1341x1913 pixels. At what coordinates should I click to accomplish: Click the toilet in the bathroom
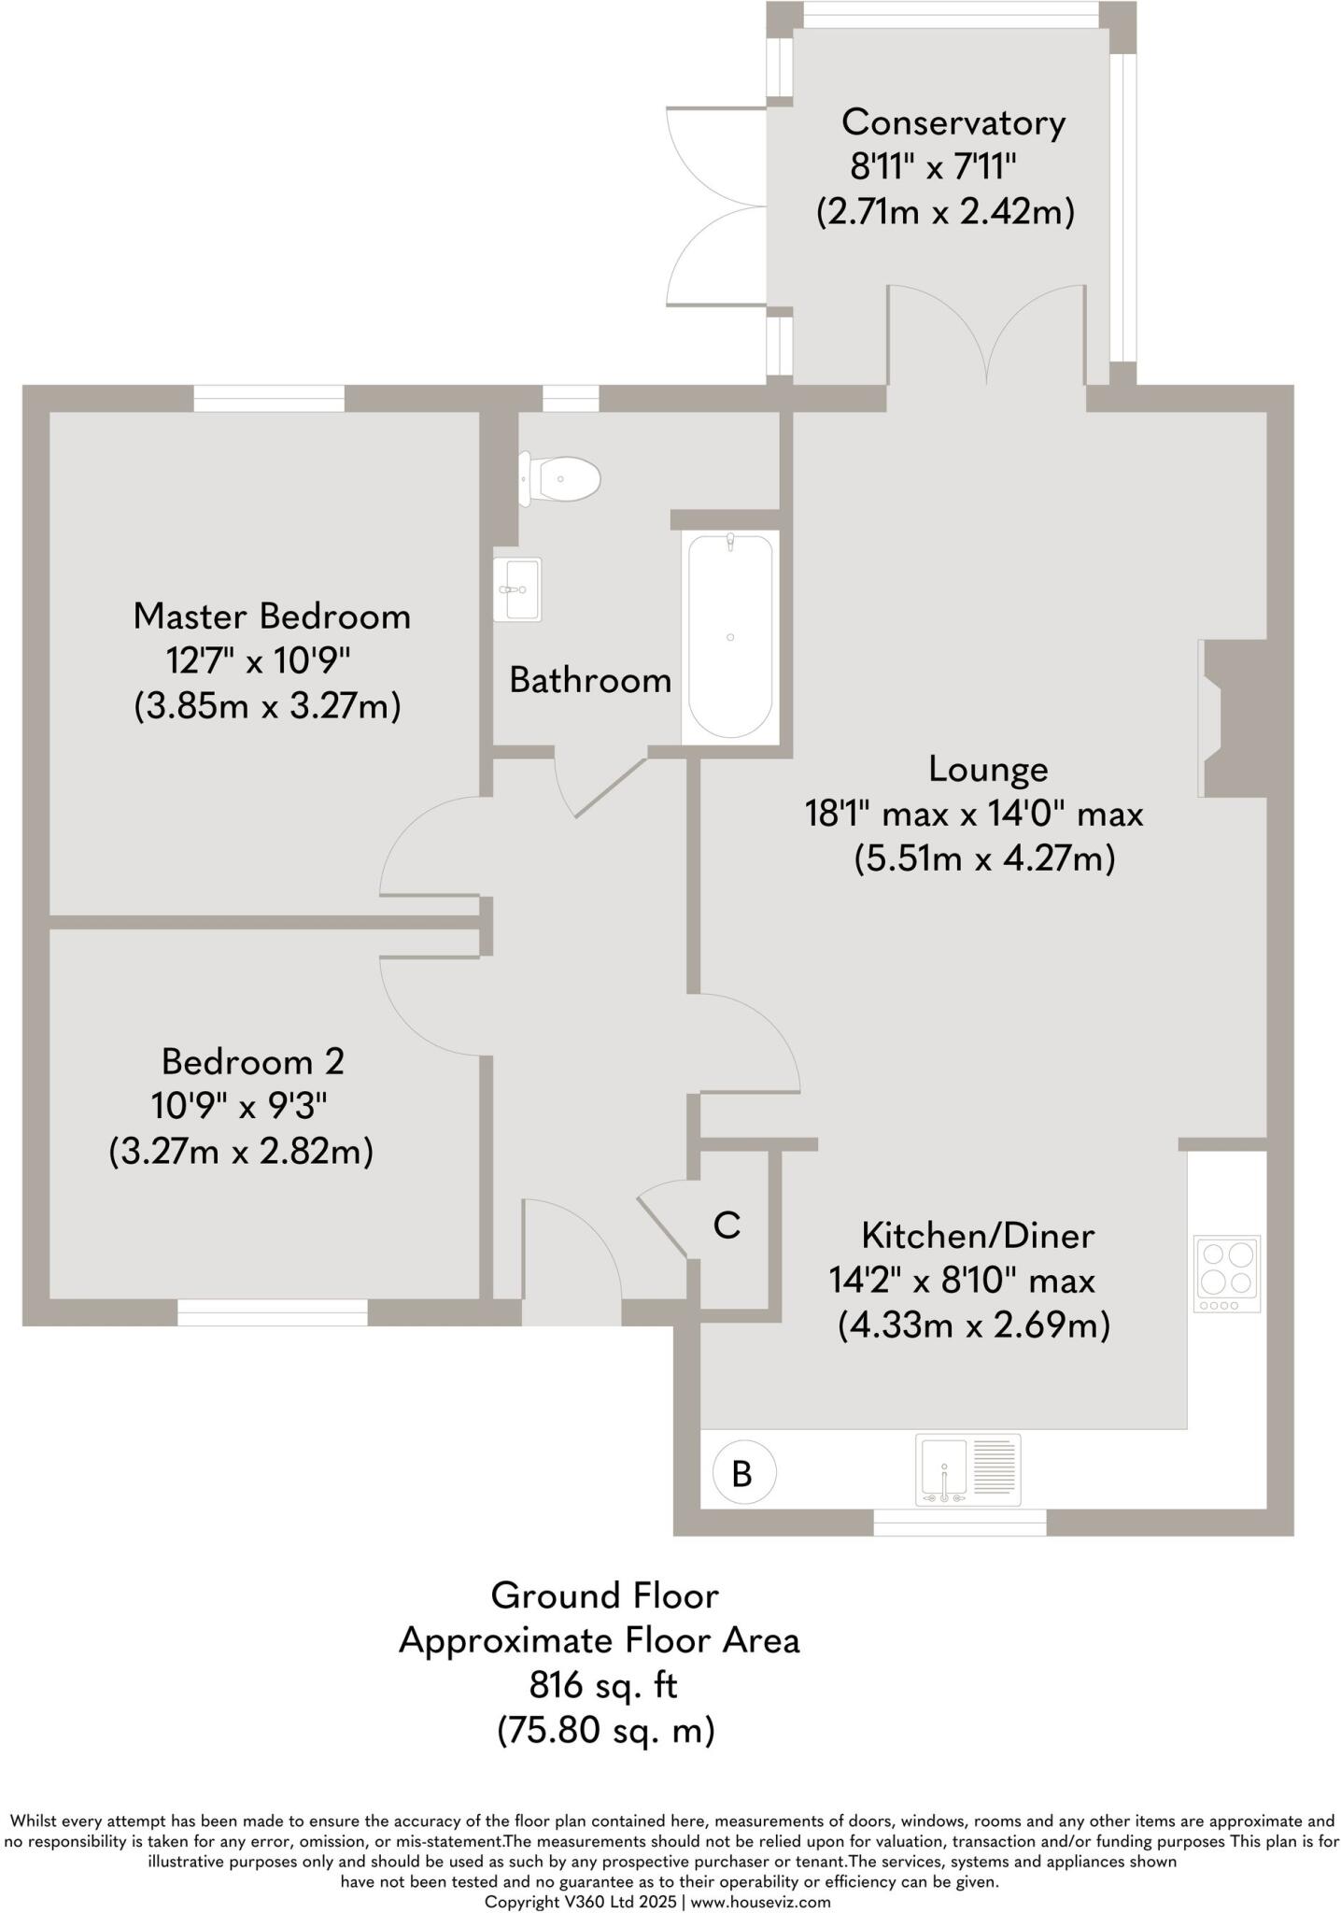(x=563, y=479)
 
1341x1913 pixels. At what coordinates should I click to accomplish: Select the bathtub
(x=730, y=637)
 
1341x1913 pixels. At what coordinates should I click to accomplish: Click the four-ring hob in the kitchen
(x=1227, y=1271)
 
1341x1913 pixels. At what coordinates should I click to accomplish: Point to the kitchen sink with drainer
(x=967, y=1471)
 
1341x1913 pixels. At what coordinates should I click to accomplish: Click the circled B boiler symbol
(x=743, y=1473)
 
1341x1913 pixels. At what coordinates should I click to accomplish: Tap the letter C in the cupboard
(x=727, y=1226)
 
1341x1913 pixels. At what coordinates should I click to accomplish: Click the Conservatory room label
(x=953, y=122)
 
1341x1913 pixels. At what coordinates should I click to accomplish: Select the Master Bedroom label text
(x=272, y=616)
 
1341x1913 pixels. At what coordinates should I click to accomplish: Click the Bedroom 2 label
(x=252, y=1061)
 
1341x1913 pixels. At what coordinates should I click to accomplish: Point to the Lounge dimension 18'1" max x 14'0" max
(x=974, y=814)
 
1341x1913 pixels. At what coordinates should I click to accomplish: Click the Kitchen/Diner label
(x=977, y=1235)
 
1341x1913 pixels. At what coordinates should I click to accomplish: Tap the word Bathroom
(x=590, y=680)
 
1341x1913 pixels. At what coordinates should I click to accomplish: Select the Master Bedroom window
(x=269, y=399)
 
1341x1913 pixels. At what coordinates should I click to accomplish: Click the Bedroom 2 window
(x=273, y=1312)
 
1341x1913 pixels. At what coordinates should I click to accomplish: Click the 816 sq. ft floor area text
(x=602, y=1685)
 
